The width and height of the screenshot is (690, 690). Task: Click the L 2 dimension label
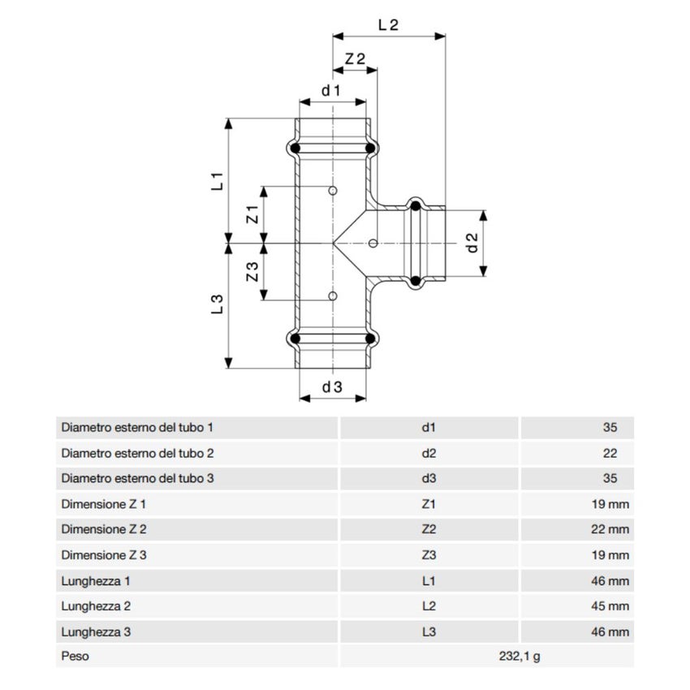[388, 24]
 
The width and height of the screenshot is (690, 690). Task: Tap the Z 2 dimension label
[355, 59]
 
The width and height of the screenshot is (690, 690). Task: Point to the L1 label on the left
[217, 181]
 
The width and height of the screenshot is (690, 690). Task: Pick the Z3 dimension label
[252, 271]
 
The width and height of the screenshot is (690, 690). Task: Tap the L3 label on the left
[217, 304]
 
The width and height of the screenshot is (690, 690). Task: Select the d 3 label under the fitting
[332, 387]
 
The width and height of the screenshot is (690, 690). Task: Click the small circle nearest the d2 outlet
[373, 242]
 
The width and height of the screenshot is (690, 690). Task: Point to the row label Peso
[75, 656]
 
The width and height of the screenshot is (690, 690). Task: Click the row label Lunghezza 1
[96, 580]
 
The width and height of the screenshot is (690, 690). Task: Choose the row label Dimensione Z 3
[104, 555]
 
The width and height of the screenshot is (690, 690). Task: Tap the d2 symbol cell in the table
[429, 453]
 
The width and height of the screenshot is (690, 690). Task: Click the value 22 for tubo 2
[610, 453]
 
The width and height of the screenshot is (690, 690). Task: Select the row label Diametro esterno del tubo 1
[137, 427]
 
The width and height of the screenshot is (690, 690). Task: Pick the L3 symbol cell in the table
[429, 631]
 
